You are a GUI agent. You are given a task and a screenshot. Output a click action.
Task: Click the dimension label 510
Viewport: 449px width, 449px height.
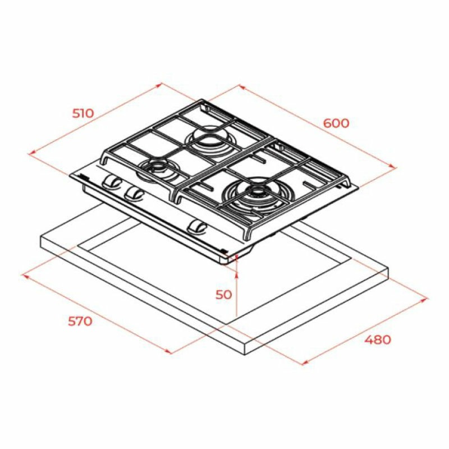(83, 113)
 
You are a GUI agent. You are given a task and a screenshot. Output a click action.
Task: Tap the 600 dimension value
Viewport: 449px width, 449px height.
(336, 123)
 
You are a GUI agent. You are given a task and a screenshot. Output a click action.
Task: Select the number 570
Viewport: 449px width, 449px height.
(79, 322)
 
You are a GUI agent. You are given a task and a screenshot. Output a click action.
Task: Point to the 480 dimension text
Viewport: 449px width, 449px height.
(377, 339)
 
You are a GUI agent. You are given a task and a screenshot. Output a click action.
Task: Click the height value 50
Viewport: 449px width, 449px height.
(223, 294)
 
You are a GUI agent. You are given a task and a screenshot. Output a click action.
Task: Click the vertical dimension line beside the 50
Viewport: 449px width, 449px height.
(237, 295)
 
